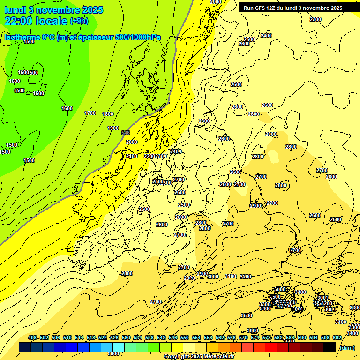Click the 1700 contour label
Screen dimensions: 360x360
(90, 113)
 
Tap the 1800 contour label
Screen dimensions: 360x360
(108, 114)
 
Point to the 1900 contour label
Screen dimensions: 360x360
(113, 128)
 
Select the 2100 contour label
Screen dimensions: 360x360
(132, 156)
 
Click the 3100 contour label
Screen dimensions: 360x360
(230, 276)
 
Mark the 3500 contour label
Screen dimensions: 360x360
(247, 315)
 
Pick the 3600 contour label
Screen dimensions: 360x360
(253, 330)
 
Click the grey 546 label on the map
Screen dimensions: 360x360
(126, 133)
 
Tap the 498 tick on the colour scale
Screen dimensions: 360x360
(32, 337)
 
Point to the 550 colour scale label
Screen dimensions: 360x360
(184, 337)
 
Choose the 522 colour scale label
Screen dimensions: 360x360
(103, 337)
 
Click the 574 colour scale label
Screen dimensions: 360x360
(255, 337)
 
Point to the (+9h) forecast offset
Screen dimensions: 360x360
(79, 21)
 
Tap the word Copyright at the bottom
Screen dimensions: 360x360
(177, 357)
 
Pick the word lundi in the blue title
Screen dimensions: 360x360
(16, 9)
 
